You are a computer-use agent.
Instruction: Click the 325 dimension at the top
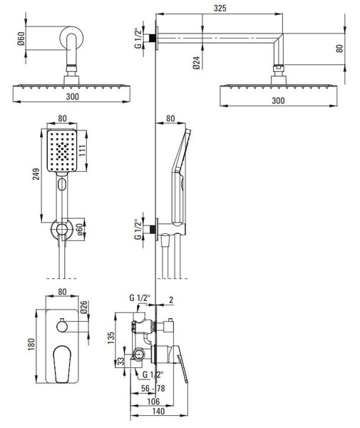[x=220, y=8]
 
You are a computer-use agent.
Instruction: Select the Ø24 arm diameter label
[x=197, y=63]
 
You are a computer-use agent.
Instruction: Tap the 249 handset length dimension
[x=36, y=174]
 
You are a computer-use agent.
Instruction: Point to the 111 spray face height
[x=82, y=151]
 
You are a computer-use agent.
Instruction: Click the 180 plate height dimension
[x=31, y=345]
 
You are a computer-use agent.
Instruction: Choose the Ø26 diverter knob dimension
[x=83, y=307]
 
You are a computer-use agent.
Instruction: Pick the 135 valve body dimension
[x=111, y=338]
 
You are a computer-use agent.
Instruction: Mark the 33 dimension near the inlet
[x=121, y=361]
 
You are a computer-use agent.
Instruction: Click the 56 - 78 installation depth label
[x=153, y=388]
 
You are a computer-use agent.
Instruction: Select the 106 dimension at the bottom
[x=153, y=401]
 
